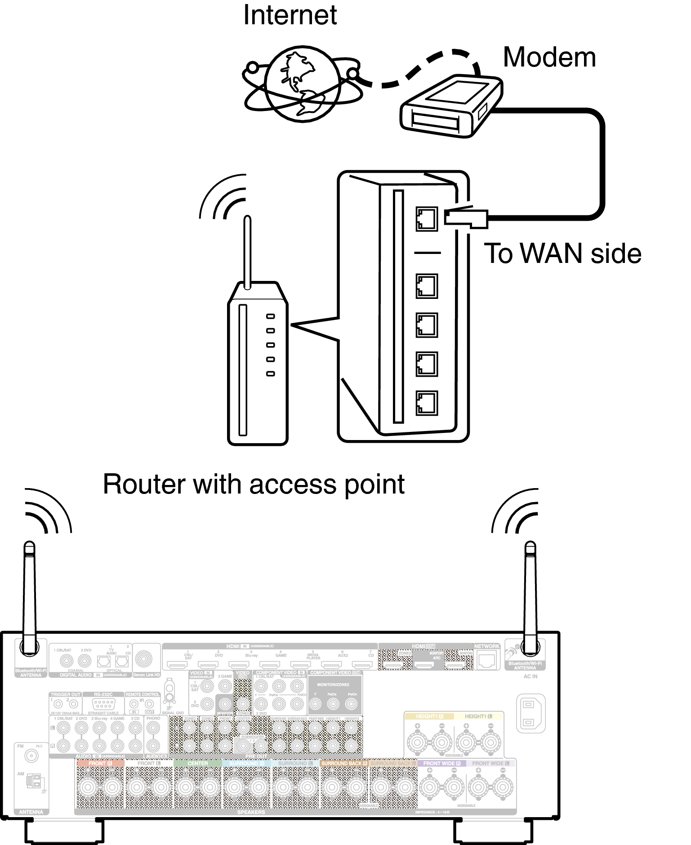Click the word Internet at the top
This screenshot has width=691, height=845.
pyautogui.click(x=290, y=15)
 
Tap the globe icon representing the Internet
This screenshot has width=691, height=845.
pyautogui.click(x=302, y=84)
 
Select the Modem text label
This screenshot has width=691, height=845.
pyautogui.click(x=549, y=58)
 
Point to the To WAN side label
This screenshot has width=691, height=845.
pyautogui.click(x=562, y=253)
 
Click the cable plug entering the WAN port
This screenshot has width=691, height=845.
pyautogui.click(x=466, y=218)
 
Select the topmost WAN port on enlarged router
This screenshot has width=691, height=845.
pyautogui.click(x=426, y=219)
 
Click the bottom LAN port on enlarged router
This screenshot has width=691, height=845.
pyautogui.click(x=426, y=403)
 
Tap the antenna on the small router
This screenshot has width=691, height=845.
pyautogui.click(x=247, y=252)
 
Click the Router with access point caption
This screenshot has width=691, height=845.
pyautogui.click(x=254, y=485)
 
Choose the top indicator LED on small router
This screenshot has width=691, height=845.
pyautogui.click(x=270, y=316)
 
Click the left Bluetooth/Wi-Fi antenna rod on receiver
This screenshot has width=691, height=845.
pyautogui.click(x=29, y=593)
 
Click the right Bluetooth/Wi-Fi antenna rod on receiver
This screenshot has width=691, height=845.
pyautogui.click(x=531, y=593)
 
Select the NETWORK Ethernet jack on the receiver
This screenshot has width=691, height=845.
pyautogui.click(x=486, y=659)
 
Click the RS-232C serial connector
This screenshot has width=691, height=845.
pyautogui.click(x=103, y=704)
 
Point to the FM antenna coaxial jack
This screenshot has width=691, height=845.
pyautogui.click(x=31, y=756)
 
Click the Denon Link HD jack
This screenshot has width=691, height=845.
pyautogui.click(x=144, y=659)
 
